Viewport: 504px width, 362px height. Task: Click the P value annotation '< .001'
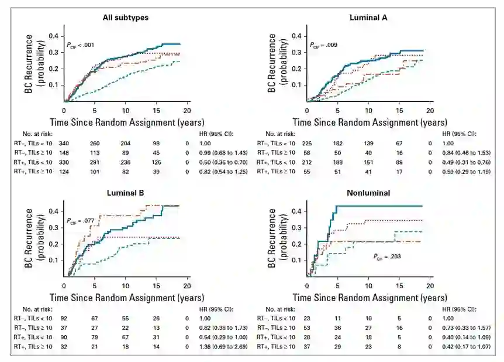tap(81, 45)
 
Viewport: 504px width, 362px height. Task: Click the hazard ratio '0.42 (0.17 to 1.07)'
tap(464, 347)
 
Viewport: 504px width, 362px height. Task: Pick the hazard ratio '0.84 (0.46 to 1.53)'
tap(464, 152)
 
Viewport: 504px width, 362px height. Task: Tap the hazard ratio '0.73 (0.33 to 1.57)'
tap(464, 329)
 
